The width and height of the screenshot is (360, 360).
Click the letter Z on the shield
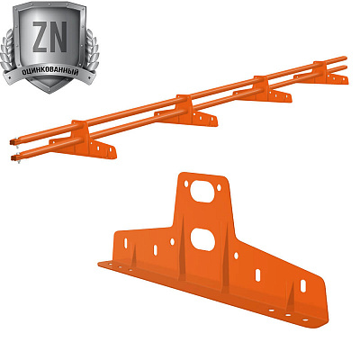[x=40, y=37]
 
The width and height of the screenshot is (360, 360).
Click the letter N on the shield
[x=58, y=37]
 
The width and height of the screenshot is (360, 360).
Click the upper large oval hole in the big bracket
[x=202, y=192]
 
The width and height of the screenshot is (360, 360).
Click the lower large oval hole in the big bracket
[x=202, y=239]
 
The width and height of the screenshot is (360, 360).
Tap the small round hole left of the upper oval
[x=186, y=184]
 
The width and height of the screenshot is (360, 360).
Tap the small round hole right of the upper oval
[x=219, y=188]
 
